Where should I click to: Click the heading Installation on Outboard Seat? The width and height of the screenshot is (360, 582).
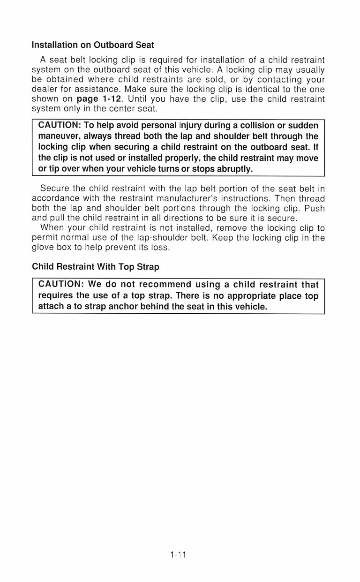tap(93, 45)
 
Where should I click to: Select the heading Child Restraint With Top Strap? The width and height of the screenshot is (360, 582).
tap(96, 267)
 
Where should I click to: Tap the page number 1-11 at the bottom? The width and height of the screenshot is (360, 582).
tap(179, 555)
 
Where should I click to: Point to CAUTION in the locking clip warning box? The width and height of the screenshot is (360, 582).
tap(59, 125)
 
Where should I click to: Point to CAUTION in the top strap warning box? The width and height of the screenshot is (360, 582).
tap(61, 284)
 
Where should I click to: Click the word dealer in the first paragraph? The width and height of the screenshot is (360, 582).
tap(45, 89)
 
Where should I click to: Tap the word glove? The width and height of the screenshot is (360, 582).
tap(44, 248)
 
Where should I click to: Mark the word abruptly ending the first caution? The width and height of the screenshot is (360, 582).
tap(236, 168)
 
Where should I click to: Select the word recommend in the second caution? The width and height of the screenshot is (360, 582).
tap(164, 284)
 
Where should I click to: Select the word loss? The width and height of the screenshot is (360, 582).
tap(159, 248)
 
